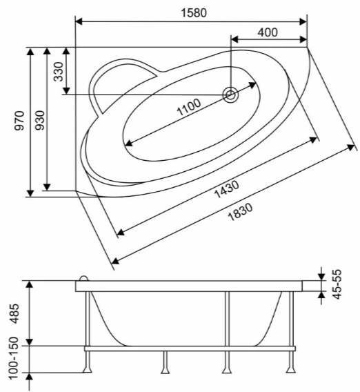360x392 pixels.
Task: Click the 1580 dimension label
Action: pos(194,13)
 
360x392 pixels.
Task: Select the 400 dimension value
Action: pos(268,32)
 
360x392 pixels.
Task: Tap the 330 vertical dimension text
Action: pos(59,72)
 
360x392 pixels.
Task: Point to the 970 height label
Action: pos(19,121)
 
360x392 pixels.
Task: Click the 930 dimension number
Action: pos(39,120)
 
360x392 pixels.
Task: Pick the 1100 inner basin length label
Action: pos(189,107)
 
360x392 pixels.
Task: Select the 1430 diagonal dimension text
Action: pos(227,190)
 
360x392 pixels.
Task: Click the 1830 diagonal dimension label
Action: pos(240,212)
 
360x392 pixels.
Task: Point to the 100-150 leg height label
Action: pos(14,357)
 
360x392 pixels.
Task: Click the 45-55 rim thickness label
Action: pos(337,284)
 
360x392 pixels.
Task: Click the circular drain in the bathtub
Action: pos(230,95)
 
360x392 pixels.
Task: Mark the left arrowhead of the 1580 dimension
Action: pos(79,22)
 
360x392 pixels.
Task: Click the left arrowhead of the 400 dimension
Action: pos(234,39)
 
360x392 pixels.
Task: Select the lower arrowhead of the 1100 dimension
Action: pos(128,144)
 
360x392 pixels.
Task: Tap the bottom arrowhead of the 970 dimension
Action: pos(30,193)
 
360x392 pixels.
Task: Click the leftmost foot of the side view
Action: pos(88,369)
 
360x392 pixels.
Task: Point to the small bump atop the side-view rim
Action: pos(84,279)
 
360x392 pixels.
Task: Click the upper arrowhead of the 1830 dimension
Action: pos(352,147)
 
